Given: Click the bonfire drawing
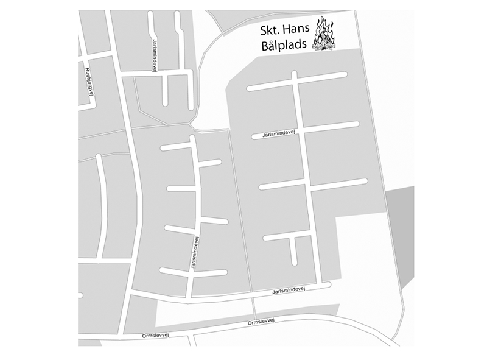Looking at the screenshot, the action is point(324,36).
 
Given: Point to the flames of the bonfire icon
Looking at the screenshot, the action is point(326,30).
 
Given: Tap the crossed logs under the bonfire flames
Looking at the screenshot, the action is point(324,46).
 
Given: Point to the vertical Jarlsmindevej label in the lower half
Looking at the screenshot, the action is point(195,253).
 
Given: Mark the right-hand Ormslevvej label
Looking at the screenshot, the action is point(262,322).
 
